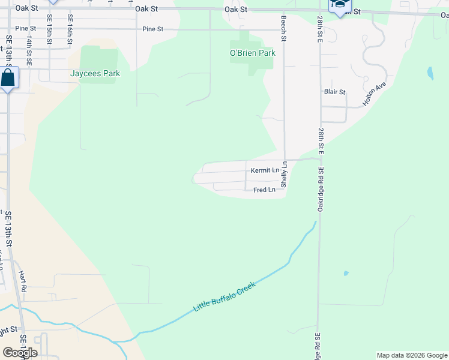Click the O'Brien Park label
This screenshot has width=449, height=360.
(x=252, y=53)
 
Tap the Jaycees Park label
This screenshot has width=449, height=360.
(x=95, y=74)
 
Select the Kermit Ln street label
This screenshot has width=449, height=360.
(x=265, y=170)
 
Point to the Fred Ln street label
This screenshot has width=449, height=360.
(x=264, y=190)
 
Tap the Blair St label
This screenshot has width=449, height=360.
(x=334, y=92)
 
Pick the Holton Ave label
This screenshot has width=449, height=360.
(x=373, y=96)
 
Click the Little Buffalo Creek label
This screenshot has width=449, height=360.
(x=224, y=296)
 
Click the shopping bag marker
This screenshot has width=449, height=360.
(x=8, y=78)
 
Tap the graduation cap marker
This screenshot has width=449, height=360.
(x=339, y=6)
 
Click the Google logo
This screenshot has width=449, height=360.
(x=20, y=353)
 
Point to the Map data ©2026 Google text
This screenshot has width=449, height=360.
(x=411, y=355)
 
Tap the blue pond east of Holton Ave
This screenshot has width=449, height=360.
(x=430, y=74)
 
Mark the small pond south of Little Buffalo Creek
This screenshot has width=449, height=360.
(x=346, y=274)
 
